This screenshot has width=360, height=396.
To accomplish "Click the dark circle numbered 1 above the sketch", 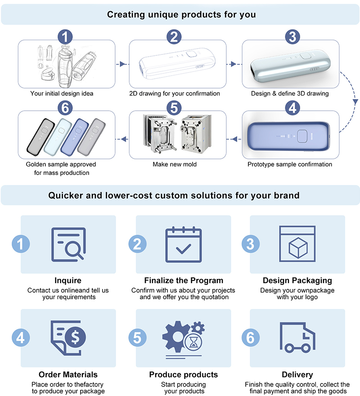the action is click(65, 37).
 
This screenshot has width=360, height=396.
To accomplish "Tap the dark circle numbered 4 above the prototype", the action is click(292, 108).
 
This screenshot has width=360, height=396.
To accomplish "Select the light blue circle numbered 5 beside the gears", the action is click(137, 337).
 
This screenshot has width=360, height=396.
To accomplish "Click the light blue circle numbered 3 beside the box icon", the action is click(250, 244).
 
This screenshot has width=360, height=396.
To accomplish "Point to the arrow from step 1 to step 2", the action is click(122, 64).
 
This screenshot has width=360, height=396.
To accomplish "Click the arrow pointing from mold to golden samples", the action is click(122, 139).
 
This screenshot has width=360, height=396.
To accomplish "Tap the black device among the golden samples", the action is click(40, 137).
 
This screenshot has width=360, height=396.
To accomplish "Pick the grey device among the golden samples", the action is click(91, 137).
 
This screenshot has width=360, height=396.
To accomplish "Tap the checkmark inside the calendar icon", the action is click(184, 249).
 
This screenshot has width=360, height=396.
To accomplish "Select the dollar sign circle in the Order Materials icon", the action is click(75, 337).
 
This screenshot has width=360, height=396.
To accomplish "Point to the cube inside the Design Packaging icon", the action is click(298, 248).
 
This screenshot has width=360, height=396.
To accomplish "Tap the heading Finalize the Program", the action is click(184, 281).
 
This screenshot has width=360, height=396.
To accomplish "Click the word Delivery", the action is click(297, 374).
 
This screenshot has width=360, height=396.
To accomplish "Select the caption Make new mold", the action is click(175, 164).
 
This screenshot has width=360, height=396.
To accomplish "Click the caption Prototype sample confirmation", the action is click(290, 164).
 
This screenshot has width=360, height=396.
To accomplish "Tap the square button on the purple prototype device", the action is click(302, 136).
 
